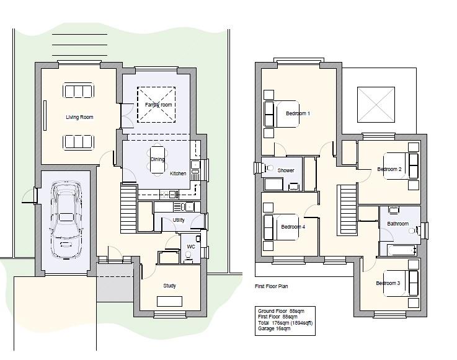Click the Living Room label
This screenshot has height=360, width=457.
79,117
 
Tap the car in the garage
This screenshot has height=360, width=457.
66,220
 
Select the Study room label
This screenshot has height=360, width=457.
170,286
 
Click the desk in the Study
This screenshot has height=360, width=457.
170,302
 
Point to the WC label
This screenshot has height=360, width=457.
191,247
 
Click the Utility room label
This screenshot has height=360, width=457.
179,220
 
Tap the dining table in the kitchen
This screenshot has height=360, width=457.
158,160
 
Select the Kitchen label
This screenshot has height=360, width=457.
178,173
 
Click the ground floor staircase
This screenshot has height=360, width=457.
128,209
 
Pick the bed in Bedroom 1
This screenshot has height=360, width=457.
282,114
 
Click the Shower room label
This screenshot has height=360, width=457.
286,170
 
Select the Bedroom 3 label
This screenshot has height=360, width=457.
388,283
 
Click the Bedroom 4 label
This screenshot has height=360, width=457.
293,227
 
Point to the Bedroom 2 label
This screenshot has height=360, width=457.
389,169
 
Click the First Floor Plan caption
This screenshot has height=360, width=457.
272,286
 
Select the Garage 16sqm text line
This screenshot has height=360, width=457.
274,328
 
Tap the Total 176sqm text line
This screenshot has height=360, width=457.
285,323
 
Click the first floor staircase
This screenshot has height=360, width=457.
347,209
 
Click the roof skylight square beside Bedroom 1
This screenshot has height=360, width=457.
376,105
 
